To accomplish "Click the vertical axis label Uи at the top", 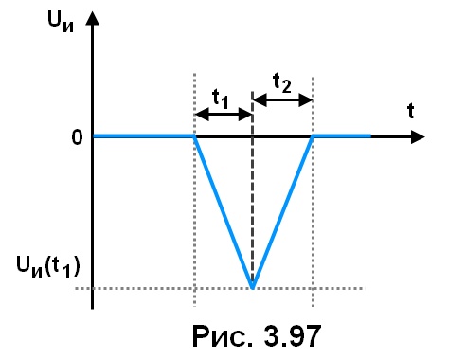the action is click(61, 22).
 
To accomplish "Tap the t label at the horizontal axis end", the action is click(410, 111).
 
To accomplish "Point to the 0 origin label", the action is click(78, 137).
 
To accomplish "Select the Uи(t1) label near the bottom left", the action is click(48, 267).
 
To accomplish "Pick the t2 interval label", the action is click(282, 83).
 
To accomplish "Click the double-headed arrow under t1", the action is click(224, 114).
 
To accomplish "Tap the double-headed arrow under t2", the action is click(283, 100).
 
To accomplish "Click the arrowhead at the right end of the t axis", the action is click(418, 136).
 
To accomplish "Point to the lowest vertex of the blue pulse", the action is click(253, 288).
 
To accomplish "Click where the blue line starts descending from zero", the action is click(194, 136).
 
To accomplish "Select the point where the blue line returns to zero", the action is click(313, 136).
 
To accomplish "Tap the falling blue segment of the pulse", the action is click(224, 212).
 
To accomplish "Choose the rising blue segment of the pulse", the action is click(282, 212).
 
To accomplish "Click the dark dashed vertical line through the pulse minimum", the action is click(252, 189).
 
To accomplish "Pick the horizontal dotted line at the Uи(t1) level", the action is click(220, 288).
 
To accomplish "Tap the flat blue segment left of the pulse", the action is click(144, 136).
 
